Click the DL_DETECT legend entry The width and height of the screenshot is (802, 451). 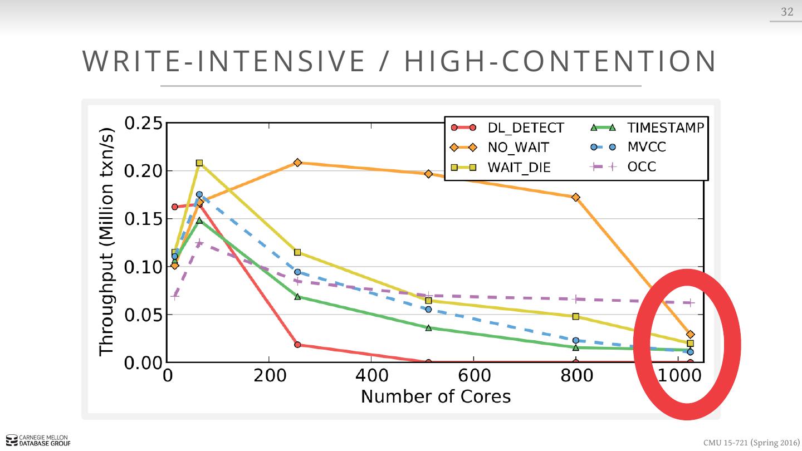(x=525, y=128)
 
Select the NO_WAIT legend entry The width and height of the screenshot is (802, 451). (x=518, y=148)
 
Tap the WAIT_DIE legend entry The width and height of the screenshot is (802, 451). (x=519, y=167)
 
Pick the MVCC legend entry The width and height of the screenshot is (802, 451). (x=646, y=147)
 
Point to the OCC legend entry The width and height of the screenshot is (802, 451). (x=642, y=166)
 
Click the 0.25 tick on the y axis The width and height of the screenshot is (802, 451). (x=143, y=123)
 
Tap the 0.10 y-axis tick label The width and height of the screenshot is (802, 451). (x=143, y=267)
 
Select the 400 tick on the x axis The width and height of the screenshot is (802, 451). (x=371, y=376)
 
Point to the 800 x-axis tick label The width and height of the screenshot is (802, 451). (x=576, y=376)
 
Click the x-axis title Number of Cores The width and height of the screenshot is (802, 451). (x=436, y=396)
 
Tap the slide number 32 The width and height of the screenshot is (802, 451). (x=787, y=12)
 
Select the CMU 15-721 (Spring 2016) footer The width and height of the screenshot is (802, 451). (x=751, y=443)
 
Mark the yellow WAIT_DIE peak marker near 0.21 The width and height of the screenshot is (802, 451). (x=199, y=163)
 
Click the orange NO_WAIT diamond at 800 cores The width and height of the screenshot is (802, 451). (x=576, y=197)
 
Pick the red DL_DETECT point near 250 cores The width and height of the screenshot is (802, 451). (x=297, y=345)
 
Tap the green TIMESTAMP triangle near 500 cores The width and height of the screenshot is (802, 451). (x=428, y=327)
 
